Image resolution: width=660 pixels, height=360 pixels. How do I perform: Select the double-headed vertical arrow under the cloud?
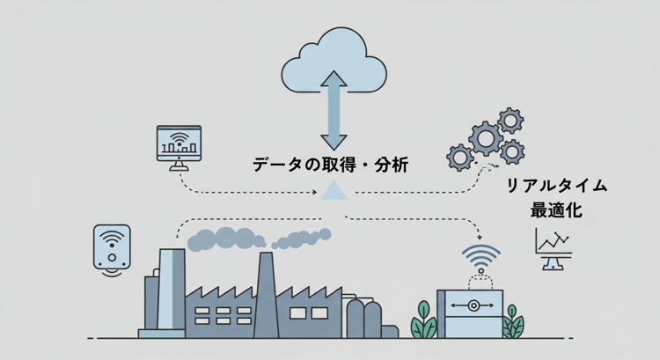334,110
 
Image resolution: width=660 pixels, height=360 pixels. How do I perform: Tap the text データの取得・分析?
330,164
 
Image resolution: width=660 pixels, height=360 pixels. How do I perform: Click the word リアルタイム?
556,187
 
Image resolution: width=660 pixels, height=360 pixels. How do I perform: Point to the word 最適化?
556,211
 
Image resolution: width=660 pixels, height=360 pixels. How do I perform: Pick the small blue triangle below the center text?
334,190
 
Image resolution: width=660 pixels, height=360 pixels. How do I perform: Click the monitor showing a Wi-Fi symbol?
180,143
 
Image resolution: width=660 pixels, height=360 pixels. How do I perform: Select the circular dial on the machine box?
473,306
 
